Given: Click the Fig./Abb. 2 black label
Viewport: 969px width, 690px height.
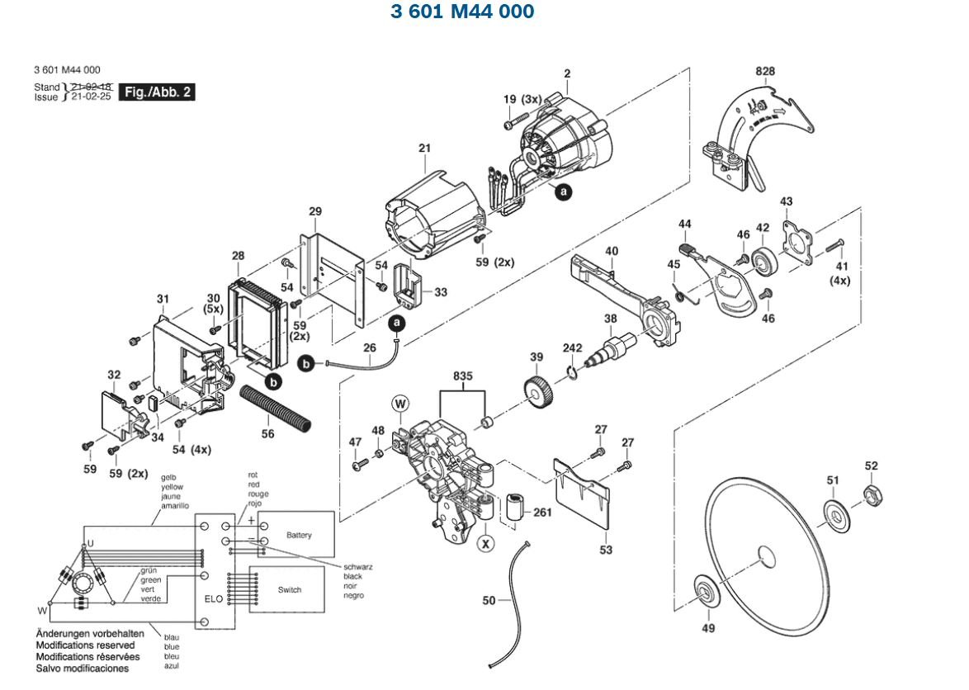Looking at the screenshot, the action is click(x=156, y=92).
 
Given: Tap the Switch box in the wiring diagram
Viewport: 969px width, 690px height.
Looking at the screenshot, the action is click(x=286, y=589).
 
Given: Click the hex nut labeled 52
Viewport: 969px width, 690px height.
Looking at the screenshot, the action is click(x=872, y=494).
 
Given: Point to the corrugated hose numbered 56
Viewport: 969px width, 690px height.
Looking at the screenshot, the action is click(x=276, y=409).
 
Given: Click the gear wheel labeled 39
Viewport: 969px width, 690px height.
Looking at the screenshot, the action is click(x=538, y=392).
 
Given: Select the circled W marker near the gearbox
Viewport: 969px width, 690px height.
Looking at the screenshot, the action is click(x=400, y=404).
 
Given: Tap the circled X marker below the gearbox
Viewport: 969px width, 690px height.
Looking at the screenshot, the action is click(x=486, y=544).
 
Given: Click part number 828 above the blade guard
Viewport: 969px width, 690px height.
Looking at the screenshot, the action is click(x=765, y=71).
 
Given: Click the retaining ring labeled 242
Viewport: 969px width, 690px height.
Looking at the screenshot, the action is click(x=573, y=372).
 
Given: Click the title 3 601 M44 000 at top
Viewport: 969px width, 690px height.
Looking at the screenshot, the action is click(x=462, y=11).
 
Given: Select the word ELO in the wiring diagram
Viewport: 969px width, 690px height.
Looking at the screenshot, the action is click(x=214, y=598).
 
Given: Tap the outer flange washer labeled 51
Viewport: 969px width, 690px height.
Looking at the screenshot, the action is click(x=837, y=515).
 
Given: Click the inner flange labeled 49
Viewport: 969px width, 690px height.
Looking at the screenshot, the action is click(x=705, y=593).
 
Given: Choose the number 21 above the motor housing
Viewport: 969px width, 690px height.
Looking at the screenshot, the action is click(x=424, y=149).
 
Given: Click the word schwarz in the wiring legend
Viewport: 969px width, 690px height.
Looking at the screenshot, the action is click(x=358, y=567).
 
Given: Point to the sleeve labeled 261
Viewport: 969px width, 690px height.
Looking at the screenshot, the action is click(x=515, y=507).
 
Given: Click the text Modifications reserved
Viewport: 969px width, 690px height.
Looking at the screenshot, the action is click(x=85, y=645).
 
